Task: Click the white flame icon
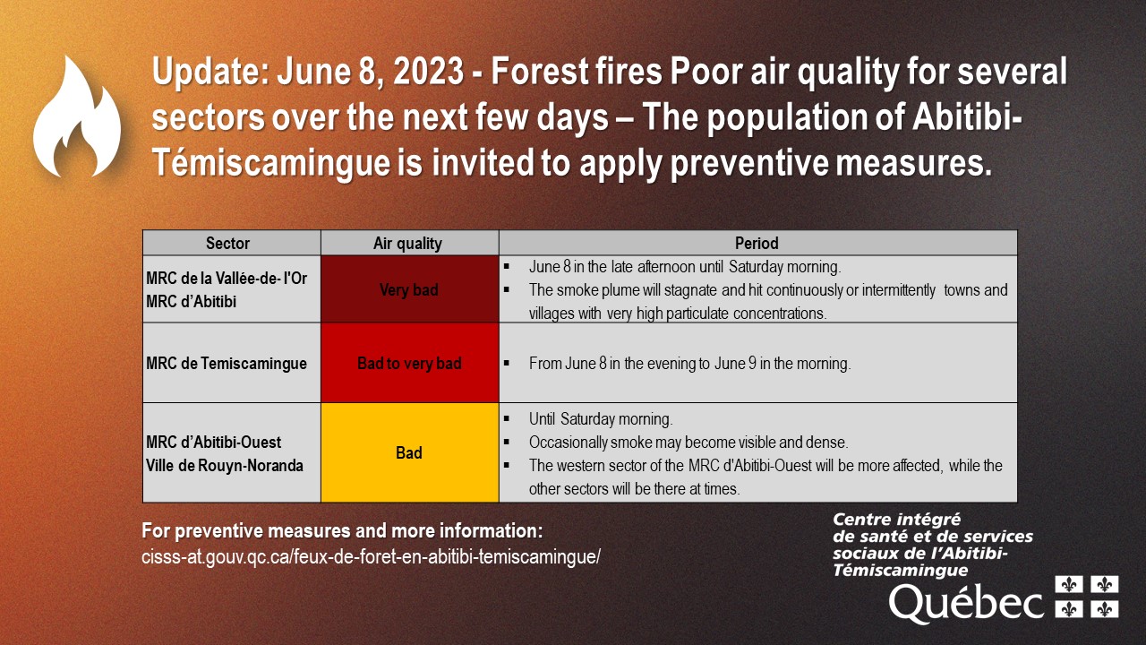[77, 117]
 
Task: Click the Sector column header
[227, 243]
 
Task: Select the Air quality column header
[407, 243]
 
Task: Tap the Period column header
[757, 243]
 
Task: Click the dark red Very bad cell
[409, 289]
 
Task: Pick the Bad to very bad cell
[409, 363]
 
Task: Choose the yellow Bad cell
[409, 452]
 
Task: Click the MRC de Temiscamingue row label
[227, 363]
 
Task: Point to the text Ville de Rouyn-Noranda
[225, 465]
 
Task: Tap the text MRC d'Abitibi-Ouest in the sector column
[213, 442]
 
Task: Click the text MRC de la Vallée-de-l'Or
[227, 278]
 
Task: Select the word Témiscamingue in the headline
[271, 163]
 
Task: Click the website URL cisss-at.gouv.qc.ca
[371, 556]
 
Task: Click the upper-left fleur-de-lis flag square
[1069, 584]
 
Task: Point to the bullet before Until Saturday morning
[507, 418]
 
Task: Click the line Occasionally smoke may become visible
[688, 442]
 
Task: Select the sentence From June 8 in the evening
[689, 363]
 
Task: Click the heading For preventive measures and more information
[342, 531]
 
